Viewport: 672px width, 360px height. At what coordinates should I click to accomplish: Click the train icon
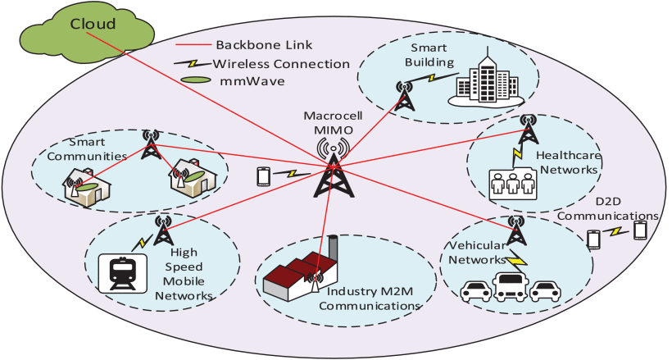123,273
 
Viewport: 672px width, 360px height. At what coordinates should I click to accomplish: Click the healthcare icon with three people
512,184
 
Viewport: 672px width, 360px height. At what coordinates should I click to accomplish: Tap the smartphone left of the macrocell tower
263,176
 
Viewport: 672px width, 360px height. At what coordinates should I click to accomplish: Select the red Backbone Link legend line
194,44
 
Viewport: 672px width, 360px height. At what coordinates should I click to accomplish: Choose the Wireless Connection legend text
281,64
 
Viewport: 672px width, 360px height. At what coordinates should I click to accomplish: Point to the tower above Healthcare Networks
529,129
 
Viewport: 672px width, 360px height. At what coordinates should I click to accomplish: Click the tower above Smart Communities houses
151,144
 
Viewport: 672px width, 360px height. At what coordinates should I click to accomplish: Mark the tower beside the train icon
163,230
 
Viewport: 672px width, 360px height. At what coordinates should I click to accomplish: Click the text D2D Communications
608,209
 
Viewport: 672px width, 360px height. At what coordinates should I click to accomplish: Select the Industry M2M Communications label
370,298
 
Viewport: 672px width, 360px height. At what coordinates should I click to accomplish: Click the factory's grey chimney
332,250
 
